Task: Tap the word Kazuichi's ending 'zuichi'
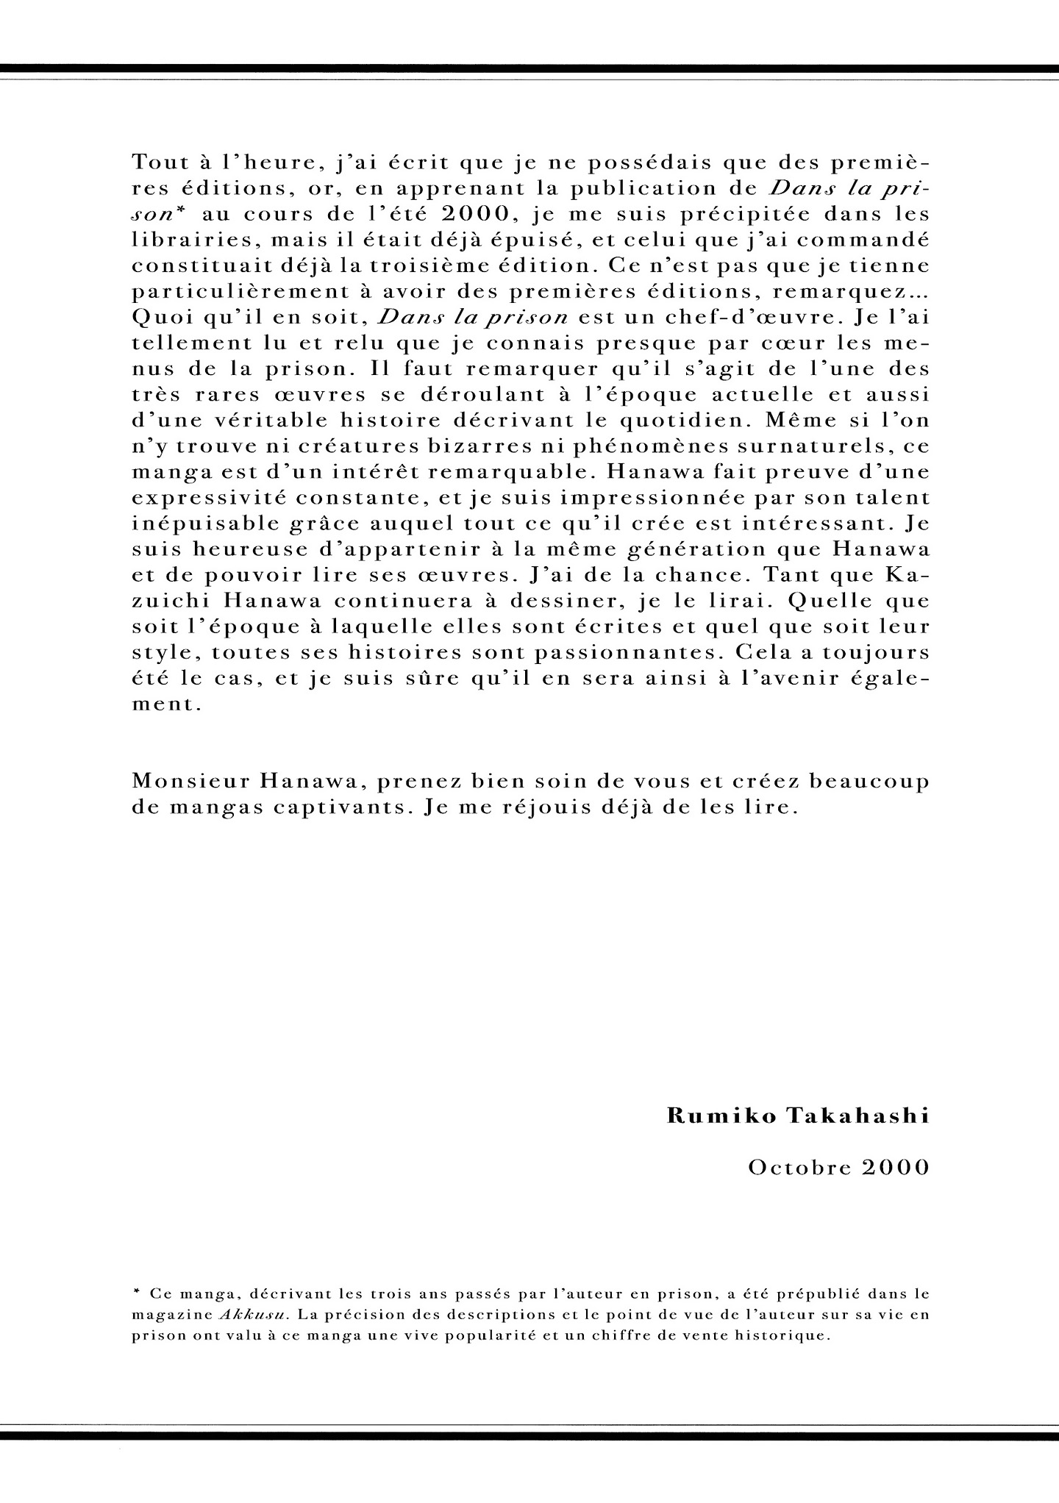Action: [x=171, y=601]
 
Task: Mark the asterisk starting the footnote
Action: [x=137, y=1292]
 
